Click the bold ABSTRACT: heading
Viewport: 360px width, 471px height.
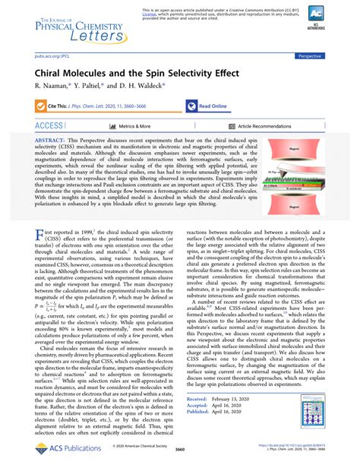point(52,141)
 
